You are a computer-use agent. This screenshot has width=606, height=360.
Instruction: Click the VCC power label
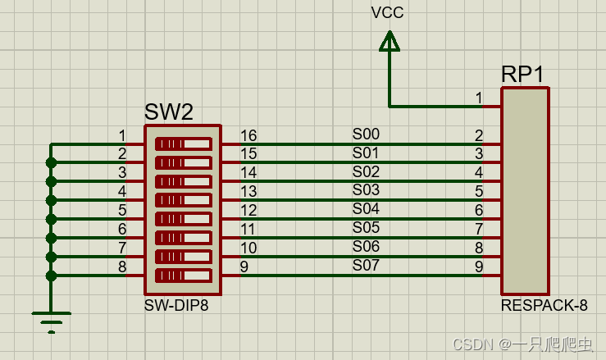coord(387,12)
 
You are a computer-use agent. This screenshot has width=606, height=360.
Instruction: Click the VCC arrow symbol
coord(390,41)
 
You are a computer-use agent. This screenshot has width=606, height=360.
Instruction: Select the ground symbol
coord(51,320)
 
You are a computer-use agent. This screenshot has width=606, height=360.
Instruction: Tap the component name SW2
coord(168,112)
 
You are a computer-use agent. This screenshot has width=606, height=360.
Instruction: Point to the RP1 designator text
coord(522,74)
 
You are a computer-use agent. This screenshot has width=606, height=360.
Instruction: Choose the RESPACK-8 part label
coord(544,306)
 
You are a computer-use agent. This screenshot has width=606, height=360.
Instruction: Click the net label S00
coord(366,134)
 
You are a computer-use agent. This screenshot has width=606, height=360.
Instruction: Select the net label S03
coord(366,190)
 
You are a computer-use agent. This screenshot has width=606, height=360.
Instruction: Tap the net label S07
coord(366,265)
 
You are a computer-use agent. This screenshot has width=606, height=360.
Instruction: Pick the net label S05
coord(366,227)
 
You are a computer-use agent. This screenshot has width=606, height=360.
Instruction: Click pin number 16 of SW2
coord(248,135)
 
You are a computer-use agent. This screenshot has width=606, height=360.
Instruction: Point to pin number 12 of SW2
coord(248,210)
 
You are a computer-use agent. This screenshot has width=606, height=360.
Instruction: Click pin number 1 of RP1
coord(479,98)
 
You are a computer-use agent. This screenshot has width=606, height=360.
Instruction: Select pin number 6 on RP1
coord(479,210)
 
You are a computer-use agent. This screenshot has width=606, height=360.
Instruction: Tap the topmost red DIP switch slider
coord(182,144)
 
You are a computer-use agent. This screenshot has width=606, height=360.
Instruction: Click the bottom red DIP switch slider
coord(182,275)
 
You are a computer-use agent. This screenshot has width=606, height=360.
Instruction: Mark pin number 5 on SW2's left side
coord(122,210)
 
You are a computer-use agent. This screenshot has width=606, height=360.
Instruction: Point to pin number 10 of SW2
coord(248,248)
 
